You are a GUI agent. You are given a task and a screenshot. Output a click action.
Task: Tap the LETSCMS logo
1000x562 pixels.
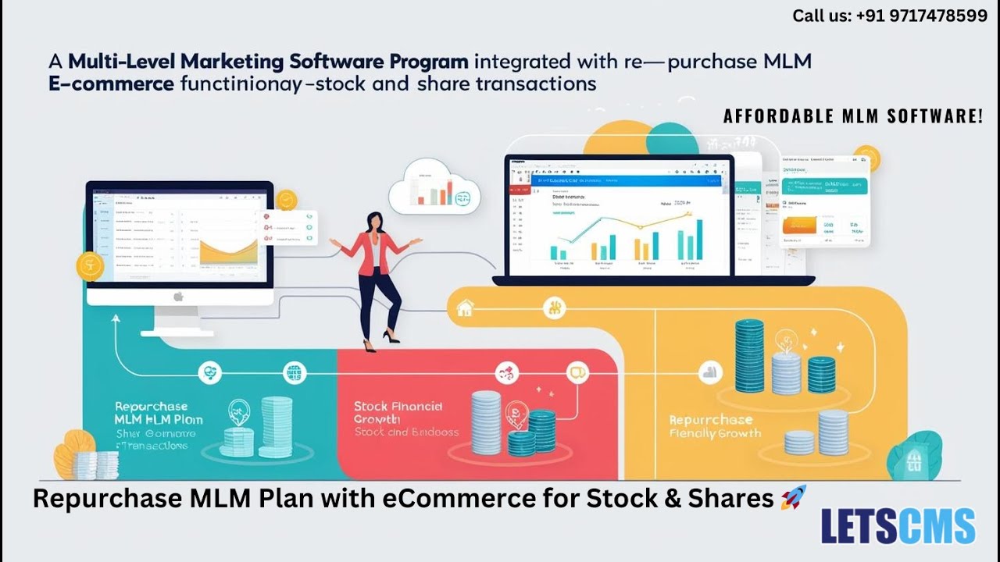pyautogui.click(x=898, y=525)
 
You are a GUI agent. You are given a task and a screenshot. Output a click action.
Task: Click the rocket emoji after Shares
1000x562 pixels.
pyautogui.click(x=793, y=497)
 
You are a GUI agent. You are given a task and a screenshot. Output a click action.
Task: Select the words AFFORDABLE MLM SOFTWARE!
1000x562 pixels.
pyautogui.click(x=852, y=116)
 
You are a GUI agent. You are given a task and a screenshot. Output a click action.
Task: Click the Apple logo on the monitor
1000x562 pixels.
pyautogui.click(x=177, y=297)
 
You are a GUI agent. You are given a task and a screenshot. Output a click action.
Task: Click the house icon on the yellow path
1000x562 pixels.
pyautogui.click(x=464, y=308)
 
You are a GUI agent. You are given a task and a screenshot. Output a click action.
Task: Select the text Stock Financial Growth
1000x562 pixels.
pyautogui.click(x=398, y=412)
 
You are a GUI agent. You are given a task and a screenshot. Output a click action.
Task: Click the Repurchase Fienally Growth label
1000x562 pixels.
pyautogui.click(x=715, y=426)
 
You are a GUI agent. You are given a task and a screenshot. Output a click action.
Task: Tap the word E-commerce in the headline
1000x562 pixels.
pyautogui.click(x=111, y=84)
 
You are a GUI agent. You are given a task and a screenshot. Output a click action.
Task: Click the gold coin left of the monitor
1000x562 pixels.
pyautogui.click(x=90, y=266)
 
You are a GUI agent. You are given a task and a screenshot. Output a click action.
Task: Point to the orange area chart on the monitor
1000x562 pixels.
pyautogui.click(x=229, y=252)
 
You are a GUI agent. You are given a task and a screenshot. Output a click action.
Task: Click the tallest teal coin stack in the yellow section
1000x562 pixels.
pyautogui.click(x=749, y=356)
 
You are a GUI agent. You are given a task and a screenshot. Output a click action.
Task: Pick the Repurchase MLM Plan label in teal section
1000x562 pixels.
pyautogui.click(x=158, y=413)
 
